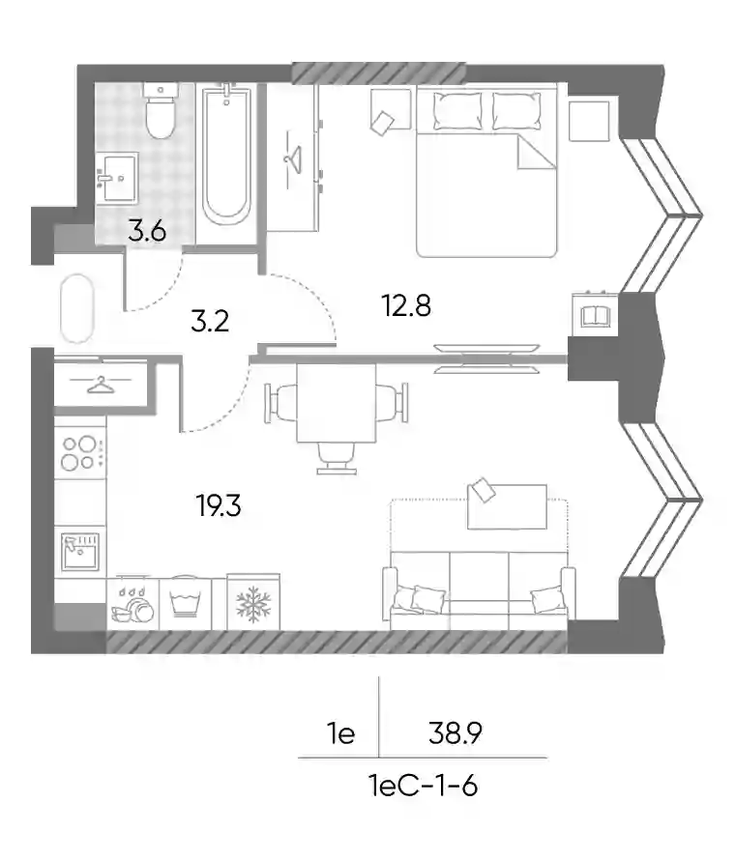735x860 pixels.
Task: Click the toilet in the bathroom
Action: point(161,110)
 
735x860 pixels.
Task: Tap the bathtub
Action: point(226,156)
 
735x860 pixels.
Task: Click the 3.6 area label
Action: point(147,232)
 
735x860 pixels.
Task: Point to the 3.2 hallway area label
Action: point(210,321)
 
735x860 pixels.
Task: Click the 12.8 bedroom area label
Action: point(406,305)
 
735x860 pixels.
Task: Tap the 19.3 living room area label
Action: point(219,505)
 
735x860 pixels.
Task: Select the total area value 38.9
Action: point(456,732)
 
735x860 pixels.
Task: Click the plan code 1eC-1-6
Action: point(424,786)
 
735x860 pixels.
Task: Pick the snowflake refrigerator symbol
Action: point(253,605)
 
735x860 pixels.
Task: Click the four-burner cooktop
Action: point(80,452)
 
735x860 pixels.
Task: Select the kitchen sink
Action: point(80,552)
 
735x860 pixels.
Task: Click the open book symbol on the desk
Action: point(596,316)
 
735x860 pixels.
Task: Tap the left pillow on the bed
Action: point(457,111)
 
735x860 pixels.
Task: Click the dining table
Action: point(337,403)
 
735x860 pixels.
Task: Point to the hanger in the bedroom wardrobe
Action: point(293,159)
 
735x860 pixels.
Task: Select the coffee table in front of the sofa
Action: point(507,506)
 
